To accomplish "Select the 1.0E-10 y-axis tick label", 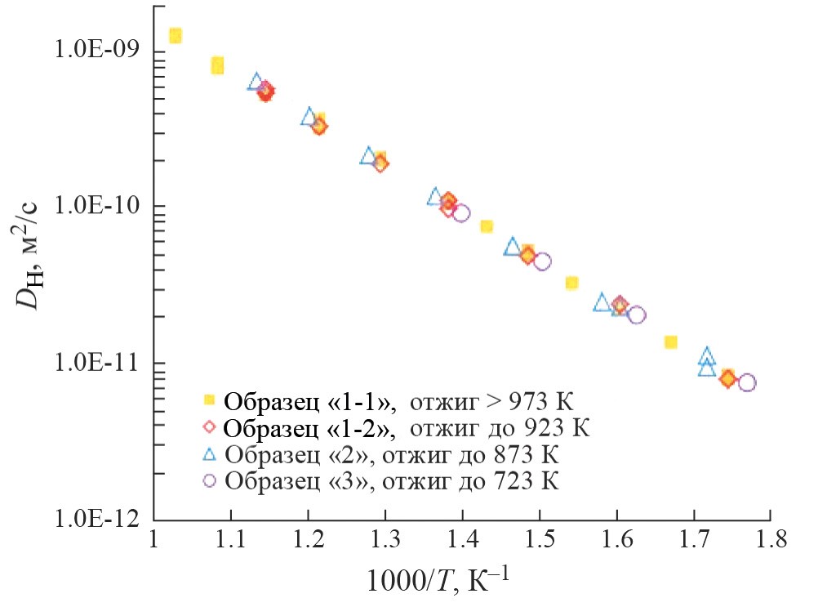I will coord(92,206).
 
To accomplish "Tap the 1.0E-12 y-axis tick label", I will coord(92,520).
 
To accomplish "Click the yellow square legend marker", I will coord(209,400).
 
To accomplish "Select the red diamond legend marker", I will coord(209,426).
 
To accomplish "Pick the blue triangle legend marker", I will coord(209,453).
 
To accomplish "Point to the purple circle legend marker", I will coord(209,480).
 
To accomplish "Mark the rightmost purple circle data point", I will coord(746,382).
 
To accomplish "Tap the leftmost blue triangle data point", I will coord(256,82).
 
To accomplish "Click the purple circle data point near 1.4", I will coord(461,213).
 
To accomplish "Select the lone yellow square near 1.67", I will coord(670,341).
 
